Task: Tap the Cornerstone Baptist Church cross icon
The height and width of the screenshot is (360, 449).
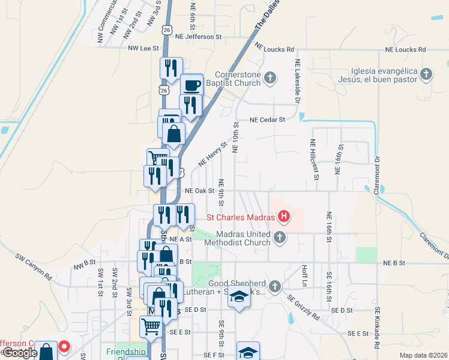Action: (x=271, y=77)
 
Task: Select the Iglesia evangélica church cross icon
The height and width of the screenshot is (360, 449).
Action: (x=426, y=74)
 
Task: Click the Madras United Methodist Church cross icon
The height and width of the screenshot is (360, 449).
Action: (x=279, y=238)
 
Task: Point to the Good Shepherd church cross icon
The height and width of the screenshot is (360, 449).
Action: (x=275, y=285)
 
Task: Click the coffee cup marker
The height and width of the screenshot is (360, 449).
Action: (x=192, y=85)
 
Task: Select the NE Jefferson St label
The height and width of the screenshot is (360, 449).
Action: (x=195, y=36)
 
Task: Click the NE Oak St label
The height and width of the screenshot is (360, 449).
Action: (x=200, y=191)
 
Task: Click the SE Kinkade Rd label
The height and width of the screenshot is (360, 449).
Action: (x=378, y=328)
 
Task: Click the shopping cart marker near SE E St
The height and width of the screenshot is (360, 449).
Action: (x=150, y=327)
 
